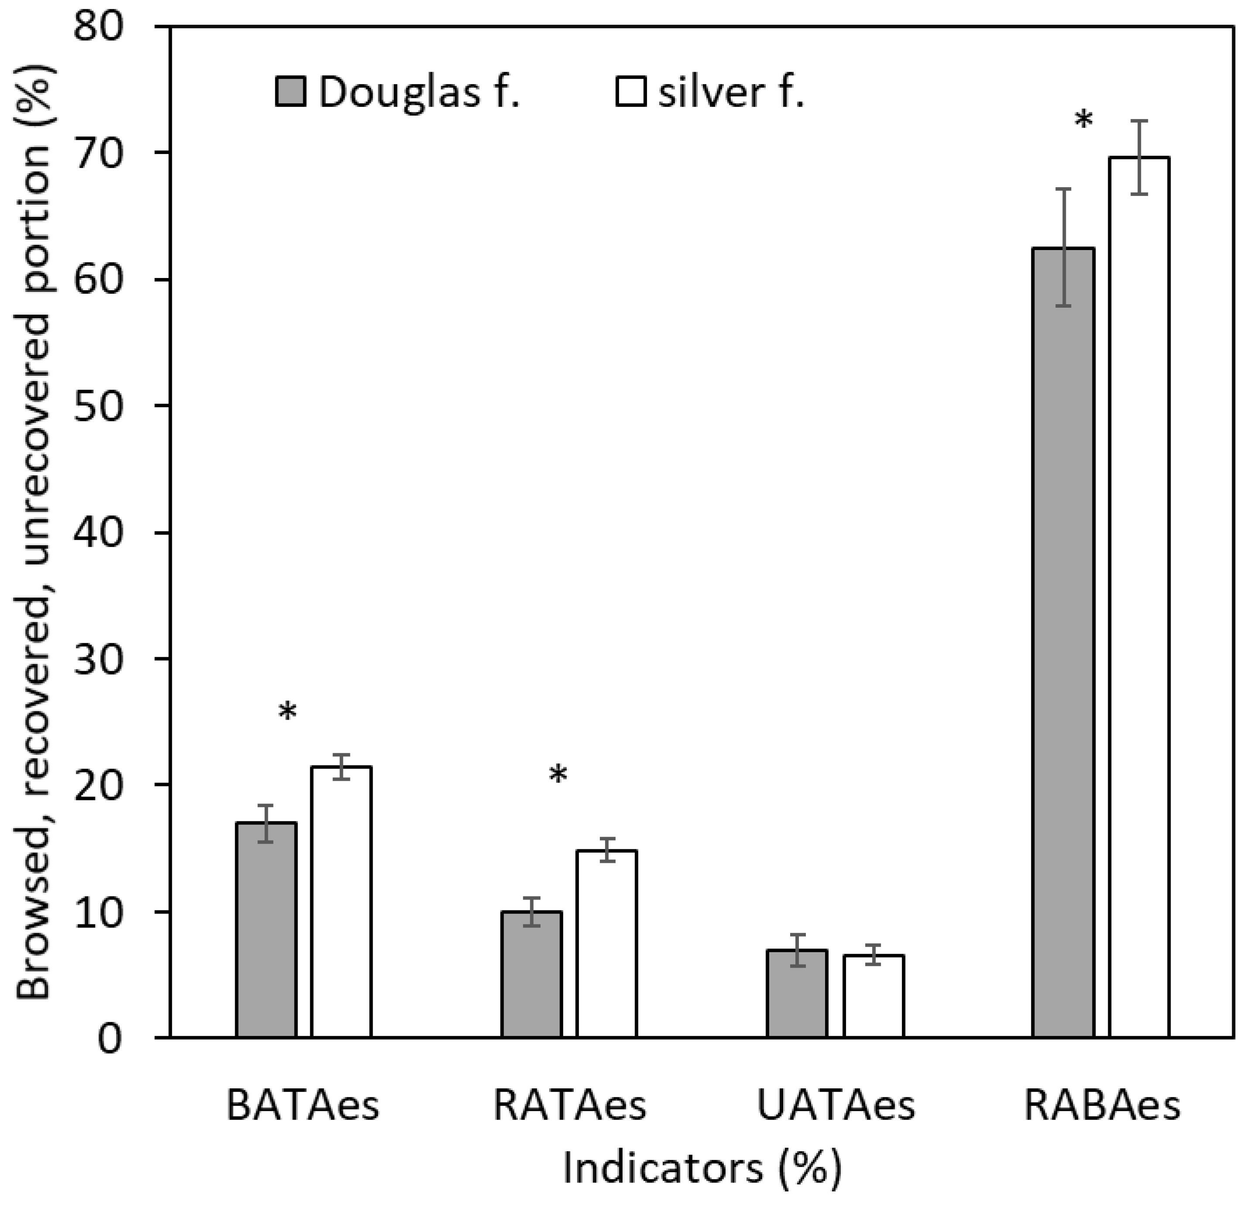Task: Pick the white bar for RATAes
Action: tap(606, 944)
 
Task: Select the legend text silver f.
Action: tap(731, 93)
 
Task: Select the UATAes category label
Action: tap(836, 1106)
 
